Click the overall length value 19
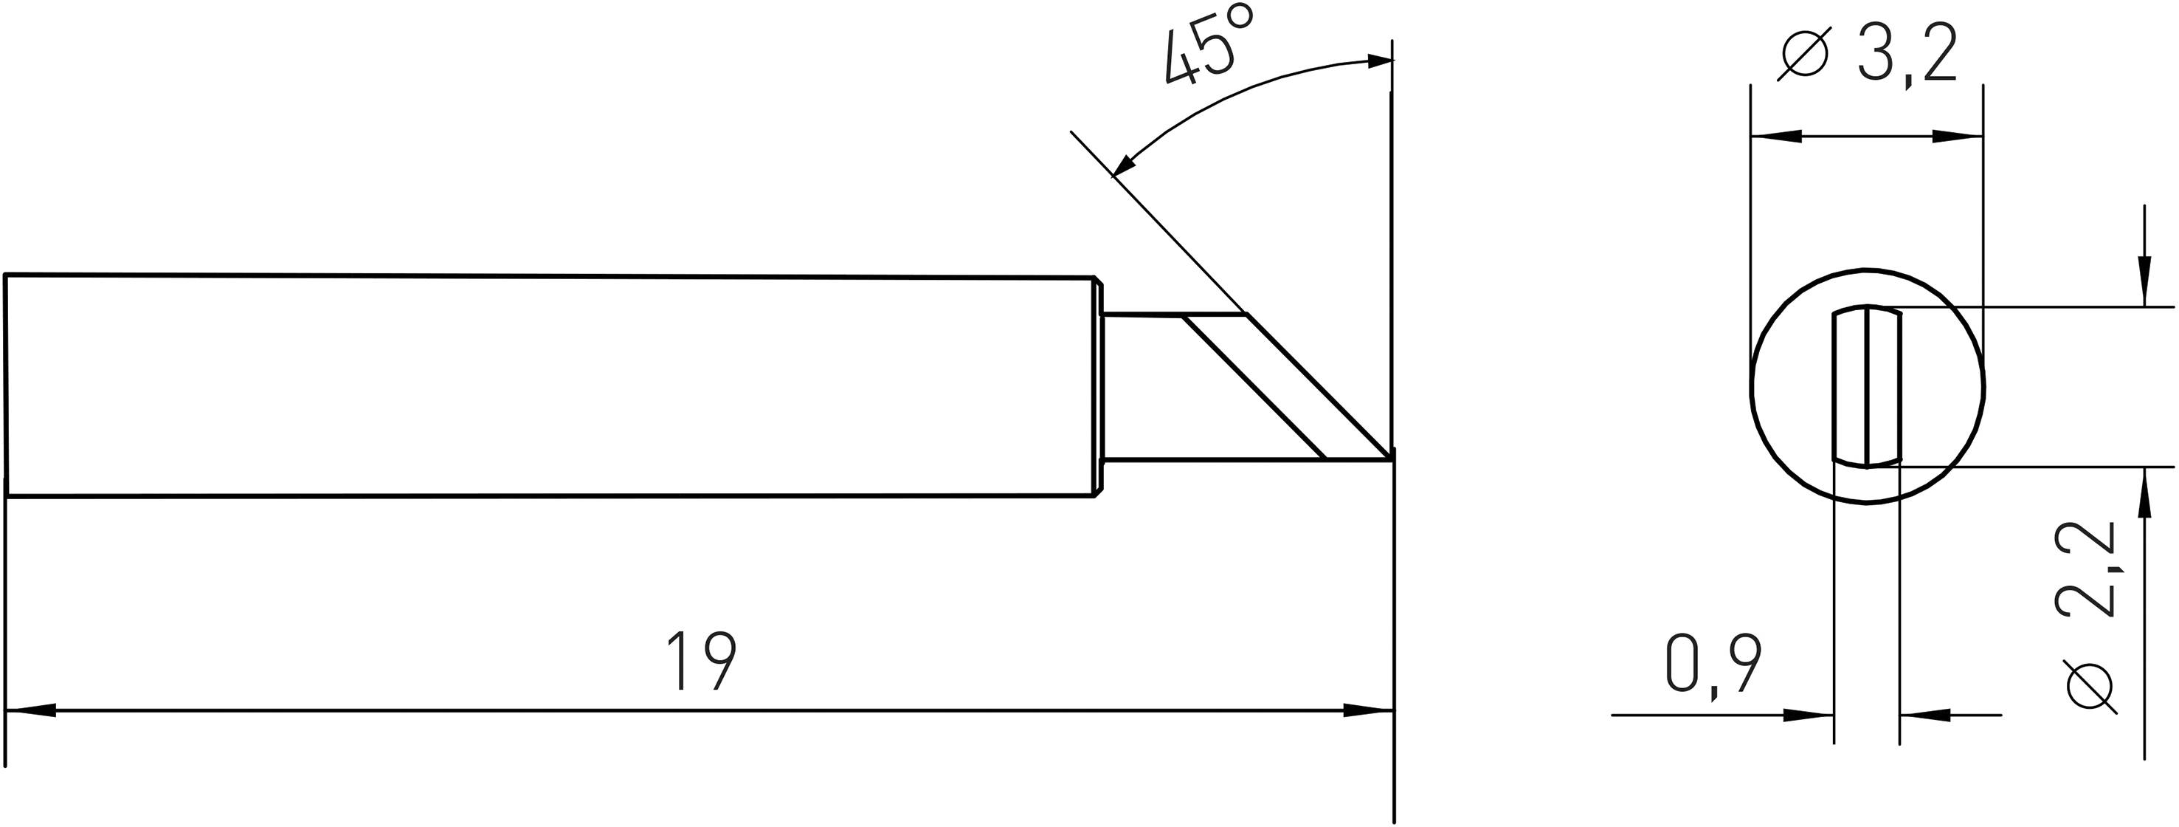[701, 661]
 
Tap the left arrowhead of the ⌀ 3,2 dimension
[1776, 135]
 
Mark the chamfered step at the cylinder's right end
[1099, 385]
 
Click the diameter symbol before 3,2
[1804, 55]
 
